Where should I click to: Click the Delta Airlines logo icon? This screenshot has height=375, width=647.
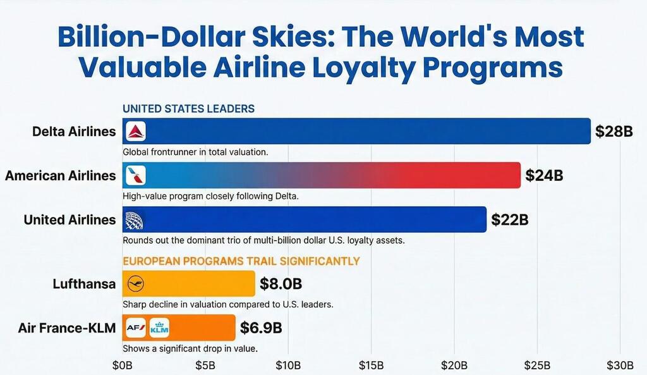coord(136,132)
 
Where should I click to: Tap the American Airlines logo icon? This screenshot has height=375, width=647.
coord(136,175)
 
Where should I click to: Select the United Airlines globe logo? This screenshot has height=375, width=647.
coord(135,219)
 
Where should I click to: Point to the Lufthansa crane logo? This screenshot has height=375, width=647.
coord(136,284)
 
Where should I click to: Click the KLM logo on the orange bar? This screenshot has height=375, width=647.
coord(159,328)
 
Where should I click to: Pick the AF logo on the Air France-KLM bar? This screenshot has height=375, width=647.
coord(136,328)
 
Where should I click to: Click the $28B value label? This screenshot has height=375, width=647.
coord(613,132)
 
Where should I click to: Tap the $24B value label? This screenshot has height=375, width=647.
coord(543,175)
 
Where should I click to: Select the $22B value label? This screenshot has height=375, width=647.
coord(509,220)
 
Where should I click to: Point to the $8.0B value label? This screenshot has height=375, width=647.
coord(281,284)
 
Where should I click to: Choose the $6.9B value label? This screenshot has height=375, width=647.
coord(261,328)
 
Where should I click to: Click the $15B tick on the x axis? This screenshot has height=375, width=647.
coord(371,366)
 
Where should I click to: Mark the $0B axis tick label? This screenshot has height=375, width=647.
coord(122,366)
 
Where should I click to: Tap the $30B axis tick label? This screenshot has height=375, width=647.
coord(620,366)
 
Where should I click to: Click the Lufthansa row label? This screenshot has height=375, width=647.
coord(84,284)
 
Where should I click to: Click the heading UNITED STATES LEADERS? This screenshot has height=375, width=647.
coord(188,109)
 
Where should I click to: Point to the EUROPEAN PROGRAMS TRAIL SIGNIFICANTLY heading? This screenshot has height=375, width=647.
coord(241,261)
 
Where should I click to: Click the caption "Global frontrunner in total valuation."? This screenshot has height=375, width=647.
coord(195,152)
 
